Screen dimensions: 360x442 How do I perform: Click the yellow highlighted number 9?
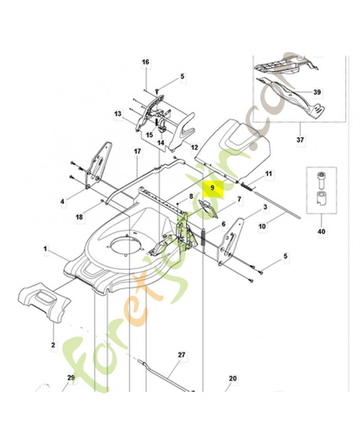click(213, 187)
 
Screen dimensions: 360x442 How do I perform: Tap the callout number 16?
click(145, 62)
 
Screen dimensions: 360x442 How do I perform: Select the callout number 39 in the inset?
click(317, 92)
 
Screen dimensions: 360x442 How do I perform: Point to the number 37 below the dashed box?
click(300, 139)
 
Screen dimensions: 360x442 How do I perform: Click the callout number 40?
click(321, 231)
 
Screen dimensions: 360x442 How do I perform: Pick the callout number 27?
click(182, 354)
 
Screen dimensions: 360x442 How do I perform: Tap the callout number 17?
click(137, 151)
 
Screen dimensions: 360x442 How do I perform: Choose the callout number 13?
click(118, 114)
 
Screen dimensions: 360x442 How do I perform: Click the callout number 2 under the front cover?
click(53, 345)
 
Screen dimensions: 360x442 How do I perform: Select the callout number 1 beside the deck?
click(45, 249)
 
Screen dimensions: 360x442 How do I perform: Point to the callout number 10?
click(262, 226)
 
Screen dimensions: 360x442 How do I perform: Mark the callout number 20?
click(232, 378)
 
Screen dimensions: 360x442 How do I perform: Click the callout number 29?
click(71, 377)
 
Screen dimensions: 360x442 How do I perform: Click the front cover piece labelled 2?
click(45, 304)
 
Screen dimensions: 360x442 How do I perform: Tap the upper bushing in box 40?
click(321, 180)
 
